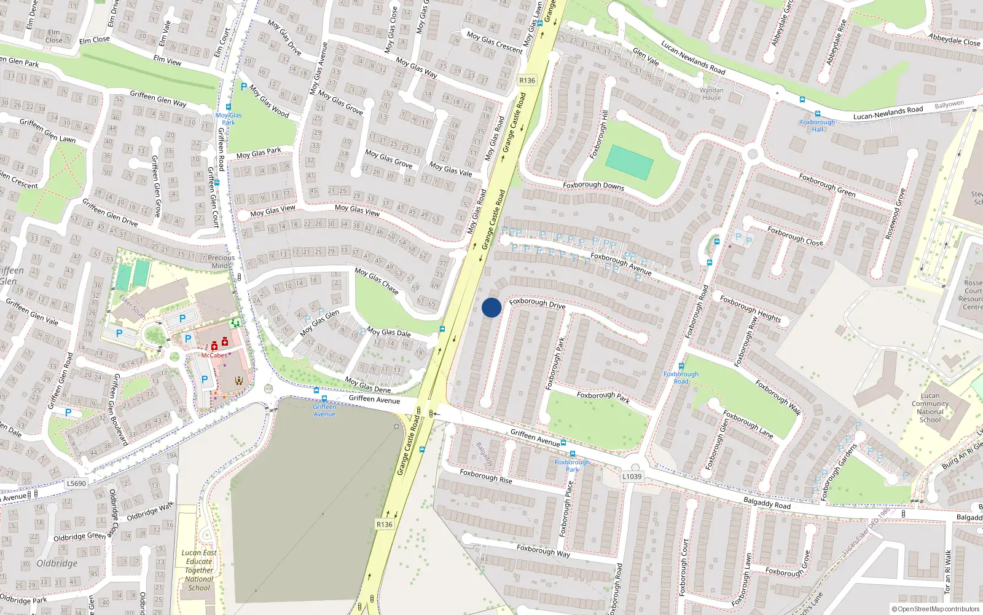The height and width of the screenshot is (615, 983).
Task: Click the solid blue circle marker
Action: pos(491,307)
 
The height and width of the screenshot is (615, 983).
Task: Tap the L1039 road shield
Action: pos(632,476)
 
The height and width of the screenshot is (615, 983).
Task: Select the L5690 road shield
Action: pos(76,483)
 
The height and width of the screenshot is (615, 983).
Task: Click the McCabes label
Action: pos(214,355)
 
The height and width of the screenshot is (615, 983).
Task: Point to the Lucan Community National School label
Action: pos(930,408)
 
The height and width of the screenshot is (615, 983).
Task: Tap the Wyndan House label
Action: pos(711,94)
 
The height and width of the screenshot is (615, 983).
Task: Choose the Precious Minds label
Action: pos(221,262)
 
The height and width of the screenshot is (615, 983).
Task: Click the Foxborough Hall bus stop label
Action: pos(817,125)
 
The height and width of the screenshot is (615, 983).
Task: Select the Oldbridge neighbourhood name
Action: pos(57,563)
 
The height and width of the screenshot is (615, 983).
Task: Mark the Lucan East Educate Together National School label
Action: pos(199,570)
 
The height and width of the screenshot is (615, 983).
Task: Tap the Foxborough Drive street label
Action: pos(537,303)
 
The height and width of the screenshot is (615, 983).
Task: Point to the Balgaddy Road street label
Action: pos(767,503)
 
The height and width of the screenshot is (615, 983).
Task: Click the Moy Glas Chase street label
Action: pos(377,280)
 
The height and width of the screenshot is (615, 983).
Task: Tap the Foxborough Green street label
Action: pos(827,184)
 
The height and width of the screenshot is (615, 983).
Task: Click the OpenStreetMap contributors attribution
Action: pos(936,609)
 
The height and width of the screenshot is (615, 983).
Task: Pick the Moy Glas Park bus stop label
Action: pos(229,119)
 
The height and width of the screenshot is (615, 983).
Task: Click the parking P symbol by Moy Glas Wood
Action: pos(243,87)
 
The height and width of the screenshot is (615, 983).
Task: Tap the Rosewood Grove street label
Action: pos(895,215)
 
